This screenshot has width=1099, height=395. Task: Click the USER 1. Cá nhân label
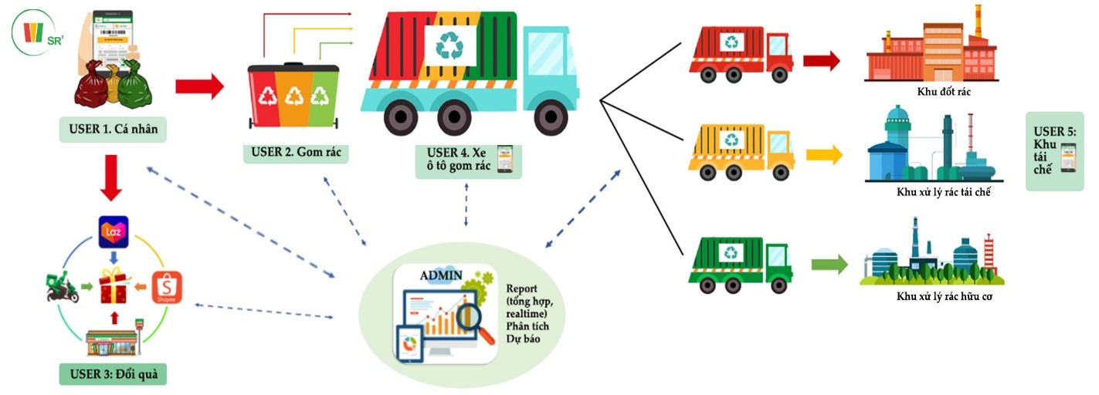tap(113, 129)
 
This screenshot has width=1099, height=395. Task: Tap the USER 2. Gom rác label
tap(296, 152)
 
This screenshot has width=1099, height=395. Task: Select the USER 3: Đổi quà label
tap(114, 375)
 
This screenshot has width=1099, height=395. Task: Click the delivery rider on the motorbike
tap(63, 288)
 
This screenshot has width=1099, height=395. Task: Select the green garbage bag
tap(134, 85)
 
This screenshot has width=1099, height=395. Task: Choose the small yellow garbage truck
tap(740, 150)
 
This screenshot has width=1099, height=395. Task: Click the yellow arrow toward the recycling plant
tap(824, 155)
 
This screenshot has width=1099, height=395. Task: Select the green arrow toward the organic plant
tap(828, 265)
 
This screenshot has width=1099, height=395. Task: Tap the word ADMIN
tap(442, 275)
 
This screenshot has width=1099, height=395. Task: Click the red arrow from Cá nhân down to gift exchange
tap(113, 177)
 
